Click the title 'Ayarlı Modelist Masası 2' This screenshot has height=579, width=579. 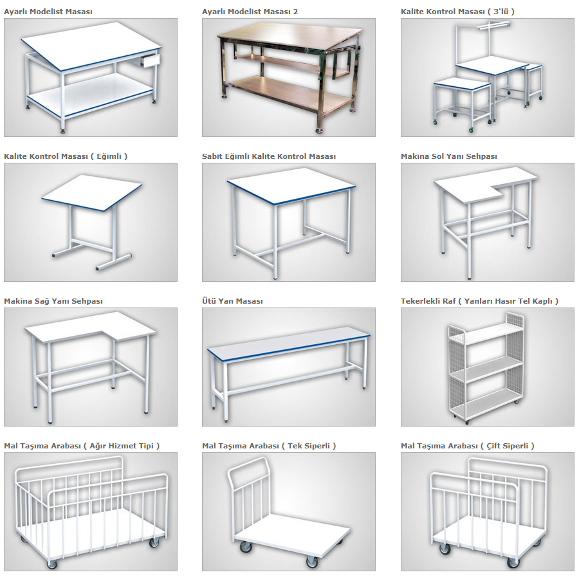[x=250, y=12]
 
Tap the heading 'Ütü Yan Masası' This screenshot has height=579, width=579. [x=232, y=301]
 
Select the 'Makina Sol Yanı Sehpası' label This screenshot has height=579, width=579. [x=448, y=156]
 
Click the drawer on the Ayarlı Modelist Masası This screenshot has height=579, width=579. [x=151, y=60]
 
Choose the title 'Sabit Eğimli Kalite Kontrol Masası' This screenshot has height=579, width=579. [x=269, y=156]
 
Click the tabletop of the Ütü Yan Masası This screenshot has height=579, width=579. [x=289, y=341]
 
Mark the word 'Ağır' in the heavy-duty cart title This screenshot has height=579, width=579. [x=98, y=446]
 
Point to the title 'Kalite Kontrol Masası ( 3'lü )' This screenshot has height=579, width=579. [x=457, y=12]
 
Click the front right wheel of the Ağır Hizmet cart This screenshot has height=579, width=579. [x=154, y=542]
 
